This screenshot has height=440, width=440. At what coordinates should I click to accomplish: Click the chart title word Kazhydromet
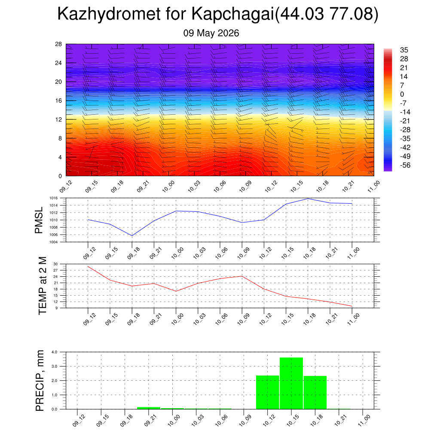tap(109, 14)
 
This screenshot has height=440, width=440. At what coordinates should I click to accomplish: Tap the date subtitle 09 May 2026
tap(211, 33)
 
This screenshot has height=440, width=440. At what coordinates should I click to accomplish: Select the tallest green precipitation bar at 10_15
tap(291, 383)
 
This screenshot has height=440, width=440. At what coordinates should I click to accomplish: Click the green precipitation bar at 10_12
tap(267, 392)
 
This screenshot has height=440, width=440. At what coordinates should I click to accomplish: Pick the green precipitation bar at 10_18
tap(315, 393)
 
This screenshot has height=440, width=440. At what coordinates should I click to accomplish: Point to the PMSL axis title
tap(39, 220)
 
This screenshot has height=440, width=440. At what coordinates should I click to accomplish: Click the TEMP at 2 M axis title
tap(43, 286)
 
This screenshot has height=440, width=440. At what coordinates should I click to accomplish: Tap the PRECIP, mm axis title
tap(40, 381)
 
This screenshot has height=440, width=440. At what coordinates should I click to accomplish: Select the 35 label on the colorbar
tap(404, 50)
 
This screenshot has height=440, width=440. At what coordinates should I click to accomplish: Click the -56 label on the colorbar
tap(405, 165)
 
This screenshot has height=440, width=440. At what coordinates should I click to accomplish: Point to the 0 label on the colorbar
tap(402, 94)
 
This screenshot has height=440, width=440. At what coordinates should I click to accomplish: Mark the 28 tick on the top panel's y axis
tap(58, 44)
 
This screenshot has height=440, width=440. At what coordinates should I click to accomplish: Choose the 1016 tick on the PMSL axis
tap(54, 198)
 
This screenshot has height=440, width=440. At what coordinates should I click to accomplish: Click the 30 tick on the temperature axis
tap(55, 264)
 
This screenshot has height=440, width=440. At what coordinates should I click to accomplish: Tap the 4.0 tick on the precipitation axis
tap(55, 352)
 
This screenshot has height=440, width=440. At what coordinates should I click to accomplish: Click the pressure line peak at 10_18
tap(308, 199)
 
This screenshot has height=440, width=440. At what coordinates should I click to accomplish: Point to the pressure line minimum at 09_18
tap(132, 236)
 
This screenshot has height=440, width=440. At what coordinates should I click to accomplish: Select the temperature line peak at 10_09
tap(242, 276)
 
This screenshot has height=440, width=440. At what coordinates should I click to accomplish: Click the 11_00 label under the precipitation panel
tap(364, 421)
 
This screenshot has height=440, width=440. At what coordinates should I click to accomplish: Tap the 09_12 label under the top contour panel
tap(66, 186)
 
